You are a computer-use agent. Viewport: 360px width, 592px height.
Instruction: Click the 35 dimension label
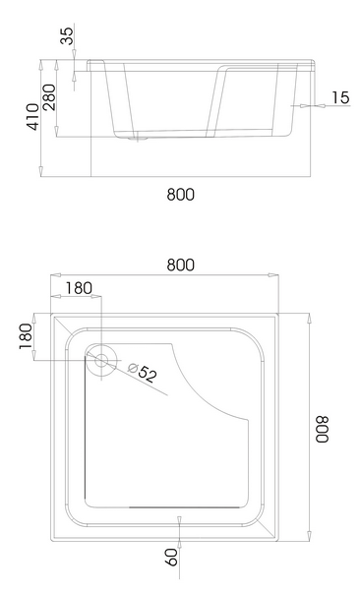tap(67, 36)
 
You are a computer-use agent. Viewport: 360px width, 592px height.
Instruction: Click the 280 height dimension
tap(49, 97)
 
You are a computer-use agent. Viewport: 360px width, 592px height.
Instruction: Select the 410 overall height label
tap(32, 117)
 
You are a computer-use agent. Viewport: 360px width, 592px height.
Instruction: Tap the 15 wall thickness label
tap(340, 97)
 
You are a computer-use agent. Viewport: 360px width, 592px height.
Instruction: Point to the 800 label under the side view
tap(181, 195)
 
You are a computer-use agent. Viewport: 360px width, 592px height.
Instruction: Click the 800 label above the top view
tap(181, 266)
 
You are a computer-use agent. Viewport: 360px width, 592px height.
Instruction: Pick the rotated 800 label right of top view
tap(323, 430)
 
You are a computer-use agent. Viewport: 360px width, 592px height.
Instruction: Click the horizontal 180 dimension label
tap(79, 288)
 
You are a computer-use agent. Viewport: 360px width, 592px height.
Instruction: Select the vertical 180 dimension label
tap(26, 336)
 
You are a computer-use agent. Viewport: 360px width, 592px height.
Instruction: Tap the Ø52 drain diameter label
tap(142, 372)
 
